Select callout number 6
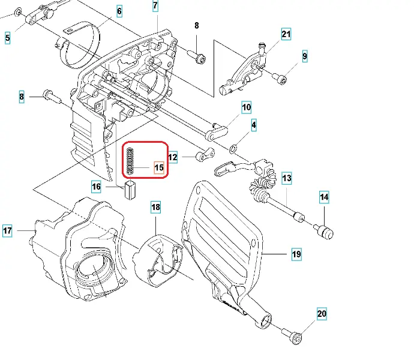coord(119,11)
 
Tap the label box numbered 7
coord(155,7)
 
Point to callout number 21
coord(286,34)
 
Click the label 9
coord(305,57)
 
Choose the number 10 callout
coord(246,108)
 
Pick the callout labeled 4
coord(254,125)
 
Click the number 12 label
coord(173,158)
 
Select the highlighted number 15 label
coord(158,167)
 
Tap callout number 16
coord(96,187)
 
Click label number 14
coord(324,196)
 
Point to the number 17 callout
coord(7,230)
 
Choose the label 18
coord(155,208)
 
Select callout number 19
coord(296,254)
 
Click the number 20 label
coord(322,313)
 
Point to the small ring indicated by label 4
coord(232,148)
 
